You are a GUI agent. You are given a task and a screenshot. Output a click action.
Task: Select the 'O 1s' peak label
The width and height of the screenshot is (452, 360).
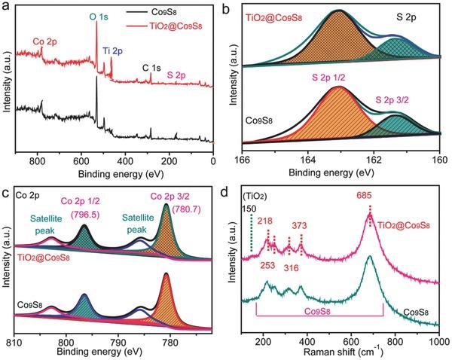click(99, 14)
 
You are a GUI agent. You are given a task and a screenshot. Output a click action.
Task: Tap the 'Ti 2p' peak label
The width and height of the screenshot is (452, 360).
click(115, 52)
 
